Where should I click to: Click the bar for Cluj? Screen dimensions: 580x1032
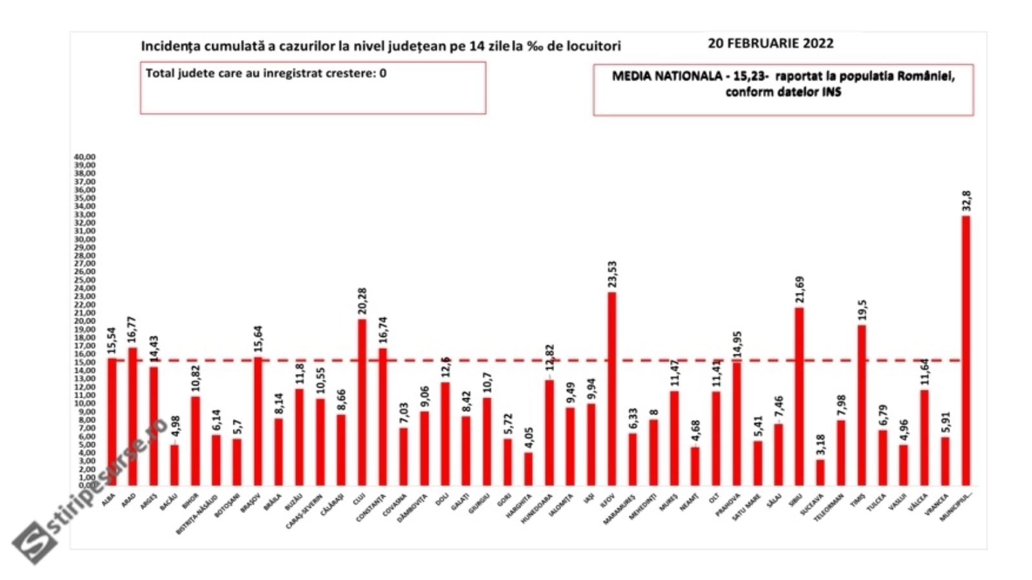tap(362, 402)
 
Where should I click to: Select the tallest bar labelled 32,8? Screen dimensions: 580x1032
tap(966, 351)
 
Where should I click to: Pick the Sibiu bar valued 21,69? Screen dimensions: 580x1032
tap(799, 396)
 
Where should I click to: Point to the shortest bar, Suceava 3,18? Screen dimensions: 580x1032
tap(820, 472)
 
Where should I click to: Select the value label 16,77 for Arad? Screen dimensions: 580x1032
tap(132, 331)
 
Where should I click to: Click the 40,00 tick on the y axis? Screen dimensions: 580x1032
tap(84, 157)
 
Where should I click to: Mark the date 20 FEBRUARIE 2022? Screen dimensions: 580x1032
tap(770, 43)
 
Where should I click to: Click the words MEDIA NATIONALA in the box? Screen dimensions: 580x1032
tap(666, 76)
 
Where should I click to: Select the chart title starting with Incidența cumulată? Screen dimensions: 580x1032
tap(381, 46)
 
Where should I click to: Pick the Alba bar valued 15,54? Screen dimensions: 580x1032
tap(112, 421)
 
